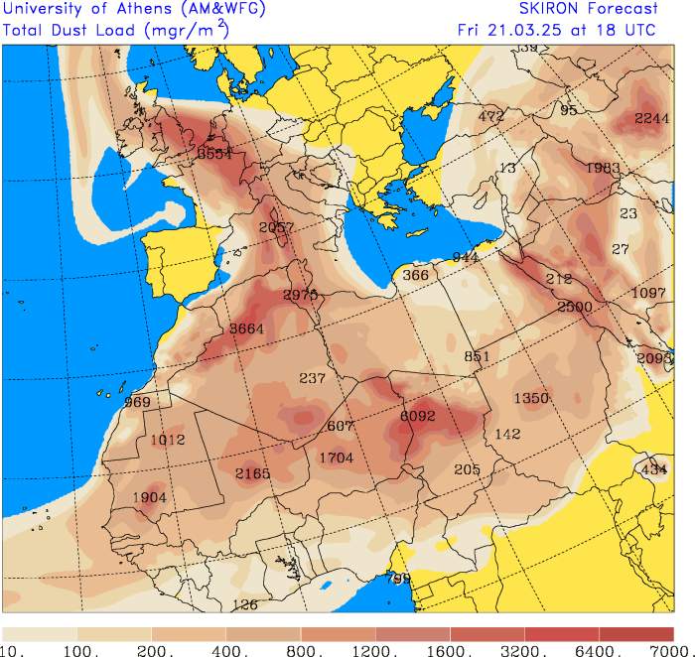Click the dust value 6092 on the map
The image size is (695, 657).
(x=417, y=417)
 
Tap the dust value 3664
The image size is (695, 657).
(x=245, y=328)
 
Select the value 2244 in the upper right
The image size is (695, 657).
(x=651, y=118)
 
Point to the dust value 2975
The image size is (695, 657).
(x=300, y=295)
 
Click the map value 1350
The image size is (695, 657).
(x=531, y=398)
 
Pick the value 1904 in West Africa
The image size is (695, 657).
(x=150, y=498)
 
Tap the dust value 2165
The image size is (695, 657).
(x=252, y=474)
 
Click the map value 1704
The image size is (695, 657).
(x=336, y=458)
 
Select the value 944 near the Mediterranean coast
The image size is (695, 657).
(x=466, y=257)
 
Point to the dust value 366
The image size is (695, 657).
(x=416, y=275)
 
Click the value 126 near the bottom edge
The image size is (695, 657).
(x=244, y=604)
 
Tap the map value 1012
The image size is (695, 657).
(x=168, y=440)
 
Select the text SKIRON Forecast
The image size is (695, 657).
(x=589, y=9)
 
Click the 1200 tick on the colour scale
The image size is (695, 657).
(x=378, y=650)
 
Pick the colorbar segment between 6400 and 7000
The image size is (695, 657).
(x=636, y=633)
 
